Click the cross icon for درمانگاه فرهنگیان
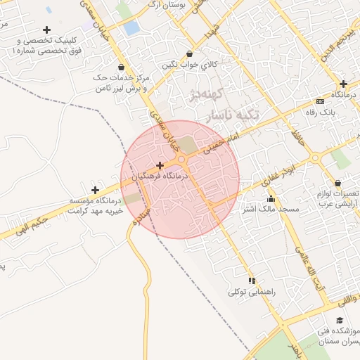coord(160,166)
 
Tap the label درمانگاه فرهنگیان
coord(160,177)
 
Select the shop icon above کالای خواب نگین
coord(189,53)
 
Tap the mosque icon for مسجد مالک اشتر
coord(271,199)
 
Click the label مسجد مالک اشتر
coord(271,210)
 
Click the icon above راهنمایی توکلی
coord(252,281)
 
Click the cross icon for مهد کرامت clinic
coord(95,190)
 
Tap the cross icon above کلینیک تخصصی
coord(47,30)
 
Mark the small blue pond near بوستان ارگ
coord(131,28)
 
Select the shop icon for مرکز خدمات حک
coord(122,67)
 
